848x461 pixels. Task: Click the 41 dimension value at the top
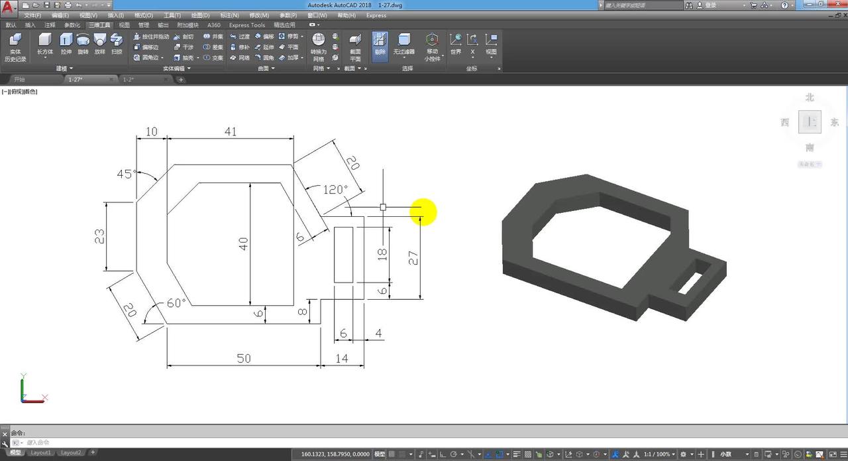(230, 132)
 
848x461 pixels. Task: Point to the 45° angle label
(126, 174)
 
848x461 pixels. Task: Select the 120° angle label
(335, 190)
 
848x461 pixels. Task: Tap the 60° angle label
(176, 303)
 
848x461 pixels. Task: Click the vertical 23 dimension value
(100, 237)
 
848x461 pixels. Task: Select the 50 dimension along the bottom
(244, 358)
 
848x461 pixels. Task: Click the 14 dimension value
(342, 358)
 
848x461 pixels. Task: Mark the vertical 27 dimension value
(413, 258)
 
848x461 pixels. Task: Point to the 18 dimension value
(382, 254)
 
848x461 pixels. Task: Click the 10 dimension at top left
(152, 132)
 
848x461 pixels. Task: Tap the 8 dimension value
(303, 311)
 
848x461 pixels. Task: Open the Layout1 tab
(40, 452)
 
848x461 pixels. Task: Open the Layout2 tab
(71, 452)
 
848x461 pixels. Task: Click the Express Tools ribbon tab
(247, 25)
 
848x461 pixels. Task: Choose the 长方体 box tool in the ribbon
(45, 44)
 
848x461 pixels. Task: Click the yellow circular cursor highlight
(423, 212)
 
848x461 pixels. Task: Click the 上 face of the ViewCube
(810, 122)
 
